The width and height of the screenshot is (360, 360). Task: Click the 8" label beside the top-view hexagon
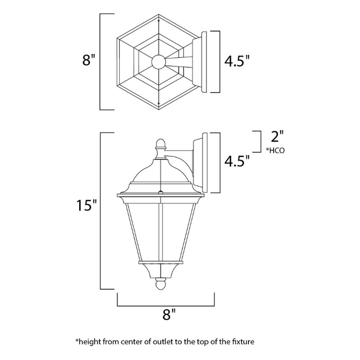[89, 60]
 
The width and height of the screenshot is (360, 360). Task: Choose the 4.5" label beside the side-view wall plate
[237, 161]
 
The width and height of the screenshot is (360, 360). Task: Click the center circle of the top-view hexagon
[157, 62]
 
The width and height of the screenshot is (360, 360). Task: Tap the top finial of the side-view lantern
[161, 143]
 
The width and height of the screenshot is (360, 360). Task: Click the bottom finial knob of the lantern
[161, 282]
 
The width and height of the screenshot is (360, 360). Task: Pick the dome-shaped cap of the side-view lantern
[161, 167]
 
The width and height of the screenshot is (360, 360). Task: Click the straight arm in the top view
[180, 62]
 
